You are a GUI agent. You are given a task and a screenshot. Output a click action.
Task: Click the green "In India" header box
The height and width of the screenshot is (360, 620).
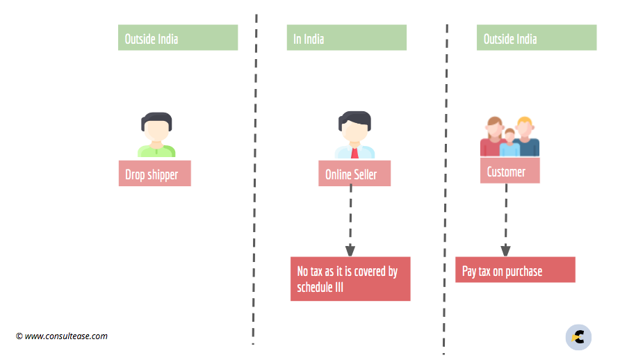346,38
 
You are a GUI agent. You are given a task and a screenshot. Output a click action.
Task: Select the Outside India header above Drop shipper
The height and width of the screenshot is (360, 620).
178,38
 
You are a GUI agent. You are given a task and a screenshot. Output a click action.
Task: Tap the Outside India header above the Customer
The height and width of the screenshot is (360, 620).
537,38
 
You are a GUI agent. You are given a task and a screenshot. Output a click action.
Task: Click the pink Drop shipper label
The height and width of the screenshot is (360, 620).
154,173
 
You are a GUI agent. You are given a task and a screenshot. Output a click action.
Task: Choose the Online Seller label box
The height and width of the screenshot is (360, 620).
354,173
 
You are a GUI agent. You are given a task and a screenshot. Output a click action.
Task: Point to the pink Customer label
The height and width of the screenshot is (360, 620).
509,170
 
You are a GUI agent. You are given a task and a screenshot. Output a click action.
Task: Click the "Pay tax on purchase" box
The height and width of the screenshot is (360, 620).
515,270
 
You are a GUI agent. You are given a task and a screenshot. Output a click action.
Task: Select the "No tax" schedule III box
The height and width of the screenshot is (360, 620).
350,279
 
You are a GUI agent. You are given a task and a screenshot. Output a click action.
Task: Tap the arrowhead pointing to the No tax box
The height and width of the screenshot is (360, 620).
350,250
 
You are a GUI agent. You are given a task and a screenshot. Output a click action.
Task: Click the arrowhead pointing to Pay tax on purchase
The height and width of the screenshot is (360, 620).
506,250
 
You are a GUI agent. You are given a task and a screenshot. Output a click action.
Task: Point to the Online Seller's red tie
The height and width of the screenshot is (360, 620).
354,153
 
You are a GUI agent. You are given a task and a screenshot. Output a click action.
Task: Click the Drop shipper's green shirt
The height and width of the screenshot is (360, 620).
156,152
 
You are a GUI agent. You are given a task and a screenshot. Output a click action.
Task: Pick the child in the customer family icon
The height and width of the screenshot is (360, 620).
509,143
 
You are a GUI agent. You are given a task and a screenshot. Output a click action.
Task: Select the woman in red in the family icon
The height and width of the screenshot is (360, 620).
493,137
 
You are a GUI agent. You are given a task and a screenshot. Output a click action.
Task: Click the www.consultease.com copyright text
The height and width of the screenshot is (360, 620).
62,336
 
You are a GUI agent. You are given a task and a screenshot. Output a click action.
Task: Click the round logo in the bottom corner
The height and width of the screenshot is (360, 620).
578,338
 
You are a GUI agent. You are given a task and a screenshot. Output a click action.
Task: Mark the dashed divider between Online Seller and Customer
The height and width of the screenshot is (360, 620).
446,189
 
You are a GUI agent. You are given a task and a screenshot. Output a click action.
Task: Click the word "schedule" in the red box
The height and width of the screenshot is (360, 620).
315,287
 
